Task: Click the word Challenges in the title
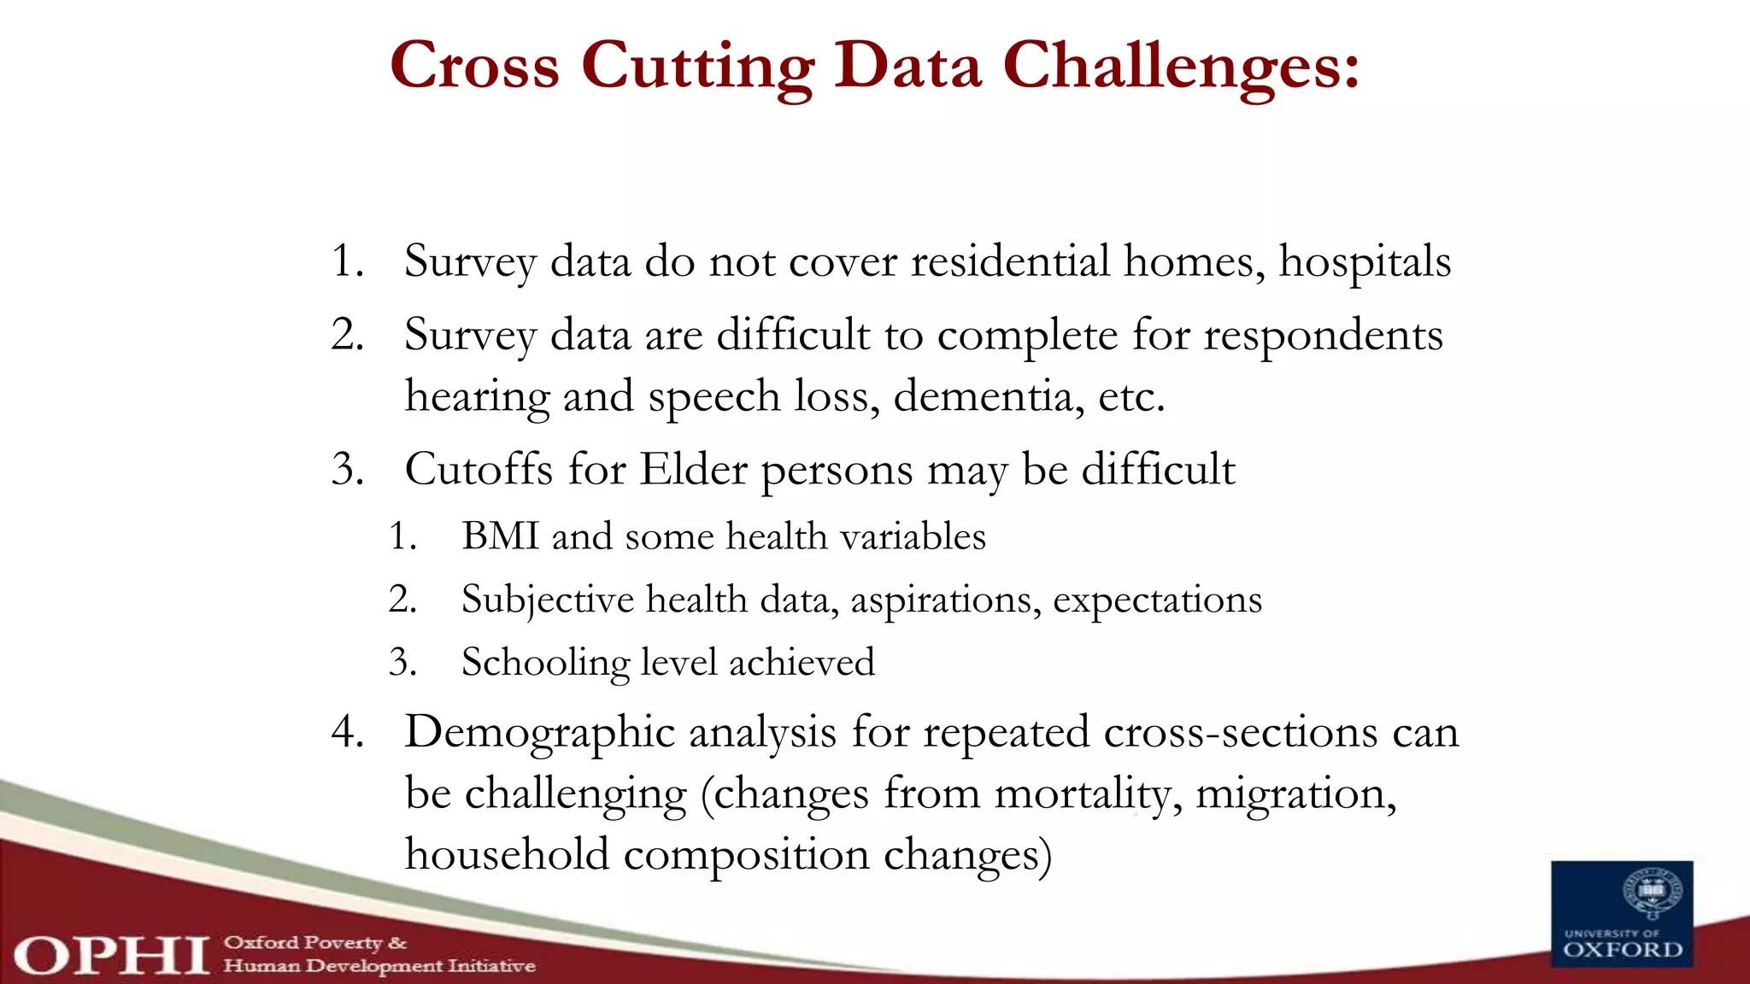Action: pos(1180,67)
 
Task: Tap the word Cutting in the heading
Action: pos(696,67)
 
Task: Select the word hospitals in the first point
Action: pos(1365,261)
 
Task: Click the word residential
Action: pos(1010,261)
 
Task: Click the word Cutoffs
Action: pos(479,469)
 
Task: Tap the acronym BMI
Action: pos(501,536)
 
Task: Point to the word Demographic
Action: pos(539,733)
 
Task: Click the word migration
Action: pos(1295,794)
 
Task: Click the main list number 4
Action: pos(347,732)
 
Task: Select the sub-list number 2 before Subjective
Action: pos(402,600)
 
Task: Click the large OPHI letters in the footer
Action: pos(111,955)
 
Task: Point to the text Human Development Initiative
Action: pos(379,966)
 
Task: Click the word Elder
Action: pos(693,469)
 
